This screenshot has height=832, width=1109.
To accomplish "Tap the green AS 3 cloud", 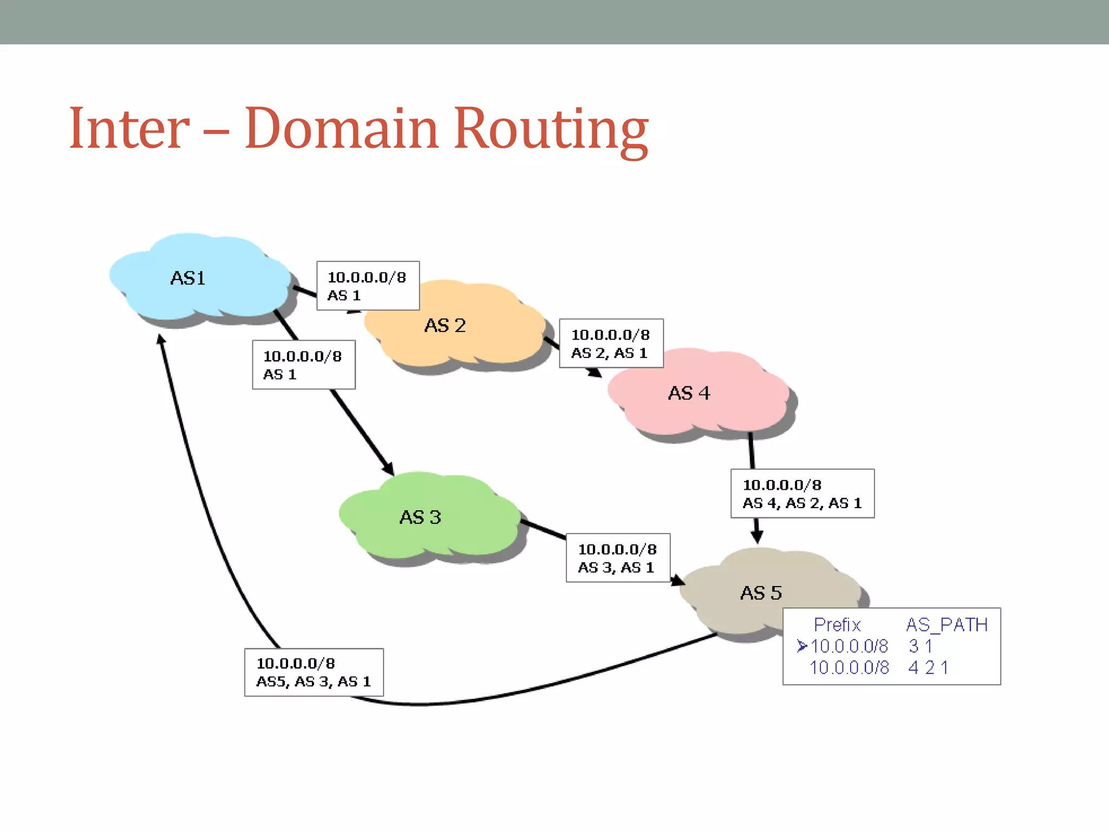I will (x=422, y=517).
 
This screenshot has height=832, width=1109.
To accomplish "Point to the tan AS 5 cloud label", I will (x=761, y=593).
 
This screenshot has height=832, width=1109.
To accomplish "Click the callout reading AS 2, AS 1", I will (x=611, y=343).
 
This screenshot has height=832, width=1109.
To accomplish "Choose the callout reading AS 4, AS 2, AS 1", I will (x=802, y=493).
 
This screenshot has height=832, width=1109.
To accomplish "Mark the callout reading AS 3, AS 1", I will (x=618, y=558).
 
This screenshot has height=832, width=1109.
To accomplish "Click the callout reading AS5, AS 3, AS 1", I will (x=314, y=672).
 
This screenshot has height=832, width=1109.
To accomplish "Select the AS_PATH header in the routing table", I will (x=947, y=625).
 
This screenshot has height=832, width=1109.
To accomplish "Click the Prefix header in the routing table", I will (x=837, y=625).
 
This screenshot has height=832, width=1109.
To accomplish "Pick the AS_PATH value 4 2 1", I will (x=928, y=667).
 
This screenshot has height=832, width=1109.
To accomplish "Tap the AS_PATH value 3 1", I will (x=921, y=646).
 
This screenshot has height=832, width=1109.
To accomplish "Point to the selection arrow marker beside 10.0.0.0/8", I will (x=802, y=646).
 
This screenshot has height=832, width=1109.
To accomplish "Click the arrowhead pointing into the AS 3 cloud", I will (x=388, y=469).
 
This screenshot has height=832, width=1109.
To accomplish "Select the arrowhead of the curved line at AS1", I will (x=161, y=339).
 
